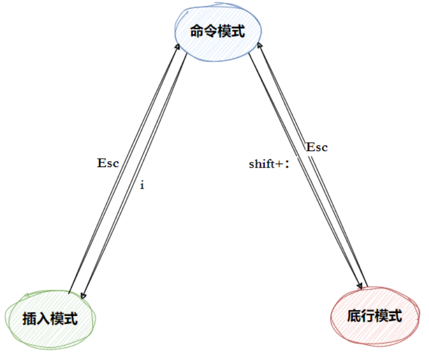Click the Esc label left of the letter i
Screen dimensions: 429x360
tap(108, 163)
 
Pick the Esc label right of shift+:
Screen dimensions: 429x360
tap(317, 147)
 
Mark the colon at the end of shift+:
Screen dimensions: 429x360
tap(288, 165)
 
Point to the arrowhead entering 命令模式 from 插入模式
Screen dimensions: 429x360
tap(178, 46)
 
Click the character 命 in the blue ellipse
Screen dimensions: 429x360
tap(197, 32)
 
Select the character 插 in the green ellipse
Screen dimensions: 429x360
tap(29, 319)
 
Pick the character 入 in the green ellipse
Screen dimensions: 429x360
tap(43, 319)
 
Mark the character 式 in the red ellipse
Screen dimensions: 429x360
tap(395, 316)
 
